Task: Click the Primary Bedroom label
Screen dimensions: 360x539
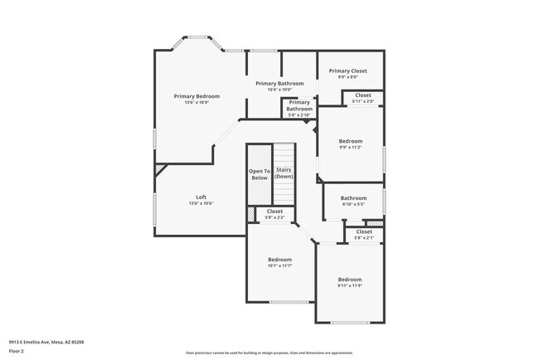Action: click(x=197, y=96)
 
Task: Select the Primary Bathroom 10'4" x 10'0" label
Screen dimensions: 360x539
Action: click(x=277, y=84)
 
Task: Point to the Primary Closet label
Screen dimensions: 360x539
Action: click(x=347, y=71)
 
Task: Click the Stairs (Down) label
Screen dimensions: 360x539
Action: click(x=284, y=173)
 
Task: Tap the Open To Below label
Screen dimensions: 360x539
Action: click(x=260, y=174)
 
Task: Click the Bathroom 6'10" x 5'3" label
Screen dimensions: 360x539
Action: click(x=353, y=197)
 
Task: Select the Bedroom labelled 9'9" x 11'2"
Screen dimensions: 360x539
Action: click(x=350, y=141)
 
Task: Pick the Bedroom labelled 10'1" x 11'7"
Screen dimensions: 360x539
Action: click(x=279, y=260)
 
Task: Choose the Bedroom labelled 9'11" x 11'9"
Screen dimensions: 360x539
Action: click(x=350, y=280)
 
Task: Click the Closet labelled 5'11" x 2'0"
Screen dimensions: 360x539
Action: click(x=363, y=95)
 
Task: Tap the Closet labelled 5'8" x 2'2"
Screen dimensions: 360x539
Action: click(x=274, y=212)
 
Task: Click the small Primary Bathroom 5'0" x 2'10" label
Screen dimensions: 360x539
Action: click(x=299, y=105)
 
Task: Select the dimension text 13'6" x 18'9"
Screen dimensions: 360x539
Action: click(x=197, y=102)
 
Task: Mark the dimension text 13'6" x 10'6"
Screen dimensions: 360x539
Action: click(x=201, y=202)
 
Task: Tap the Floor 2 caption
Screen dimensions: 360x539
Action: click(x=17, y=351)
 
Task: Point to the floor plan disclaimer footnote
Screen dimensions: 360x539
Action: click(x=269, y=352)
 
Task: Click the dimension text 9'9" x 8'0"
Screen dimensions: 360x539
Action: click(x=347, y=77)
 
